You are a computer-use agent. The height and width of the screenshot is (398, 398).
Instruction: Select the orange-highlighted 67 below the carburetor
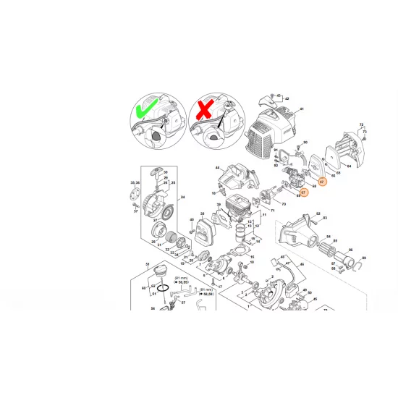tap(304, 192)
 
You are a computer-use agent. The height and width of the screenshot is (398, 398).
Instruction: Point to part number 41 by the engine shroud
tap(302, 109)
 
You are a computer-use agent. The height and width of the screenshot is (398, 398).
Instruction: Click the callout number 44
tap(216, 166)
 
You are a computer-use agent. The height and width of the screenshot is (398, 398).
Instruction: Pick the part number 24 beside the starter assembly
tap(182, 198)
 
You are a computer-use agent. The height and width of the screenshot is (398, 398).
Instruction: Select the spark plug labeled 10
tap(222, 190)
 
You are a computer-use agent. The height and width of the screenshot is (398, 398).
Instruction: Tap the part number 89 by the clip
tap(363, 258)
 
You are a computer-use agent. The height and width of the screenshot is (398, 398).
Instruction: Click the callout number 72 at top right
tap(361, 124)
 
